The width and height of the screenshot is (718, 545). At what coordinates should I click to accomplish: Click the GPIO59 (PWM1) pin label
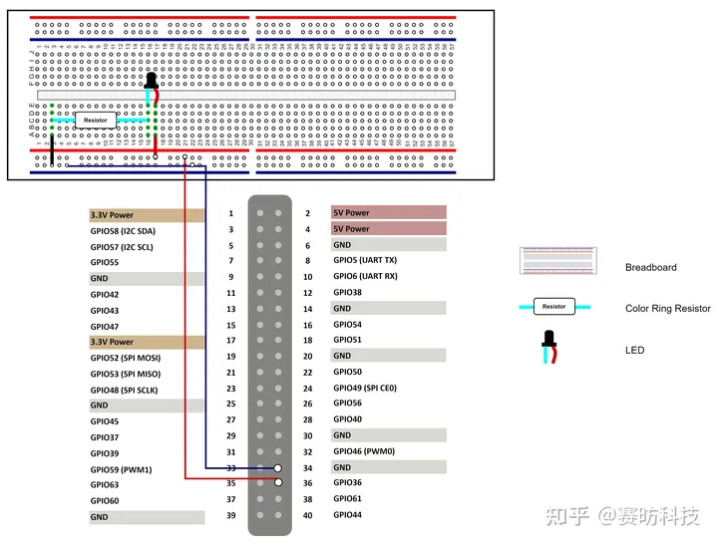coord(121,468)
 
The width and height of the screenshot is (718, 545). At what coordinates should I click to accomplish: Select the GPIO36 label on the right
coord(347,483)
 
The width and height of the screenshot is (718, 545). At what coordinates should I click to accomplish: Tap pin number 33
coord(231,467)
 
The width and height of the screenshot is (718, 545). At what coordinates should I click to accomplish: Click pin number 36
coord(307,483)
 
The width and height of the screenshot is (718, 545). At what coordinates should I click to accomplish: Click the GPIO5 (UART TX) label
coord(365,261)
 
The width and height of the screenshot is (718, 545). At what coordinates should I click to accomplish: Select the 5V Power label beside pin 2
coord(351,213)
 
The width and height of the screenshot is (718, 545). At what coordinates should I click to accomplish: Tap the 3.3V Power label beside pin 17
coord(112,342)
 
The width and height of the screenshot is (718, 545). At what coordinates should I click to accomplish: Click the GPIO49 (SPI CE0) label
coord(365,388)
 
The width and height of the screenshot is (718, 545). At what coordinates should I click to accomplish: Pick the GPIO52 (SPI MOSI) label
coord(125,358)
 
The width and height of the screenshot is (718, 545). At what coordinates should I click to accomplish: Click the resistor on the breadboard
coord(96,120)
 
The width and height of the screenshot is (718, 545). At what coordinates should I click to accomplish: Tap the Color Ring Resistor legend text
coord(667,309)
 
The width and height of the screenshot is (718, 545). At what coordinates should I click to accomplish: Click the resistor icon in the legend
coord(553,307)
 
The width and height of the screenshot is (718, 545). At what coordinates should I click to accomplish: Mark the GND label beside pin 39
coord(100,517)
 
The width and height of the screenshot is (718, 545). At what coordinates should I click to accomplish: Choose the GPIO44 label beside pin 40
coord(347,515)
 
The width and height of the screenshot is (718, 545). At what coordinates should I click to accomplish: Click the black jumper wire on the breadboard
coord(52,149)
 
